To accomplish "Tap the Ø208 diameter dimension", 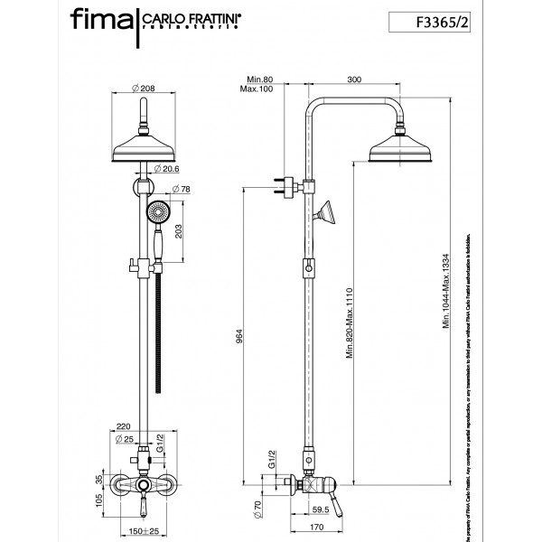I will [x=145, y=88].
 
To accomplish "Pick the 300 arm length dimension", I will [x=354, y=79].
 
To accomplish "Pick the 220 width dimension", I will [x=126, y=425].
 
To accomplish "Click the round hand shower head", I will [x=158, y=214].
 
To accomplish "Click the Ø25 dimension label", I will [x=126, y=439].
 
